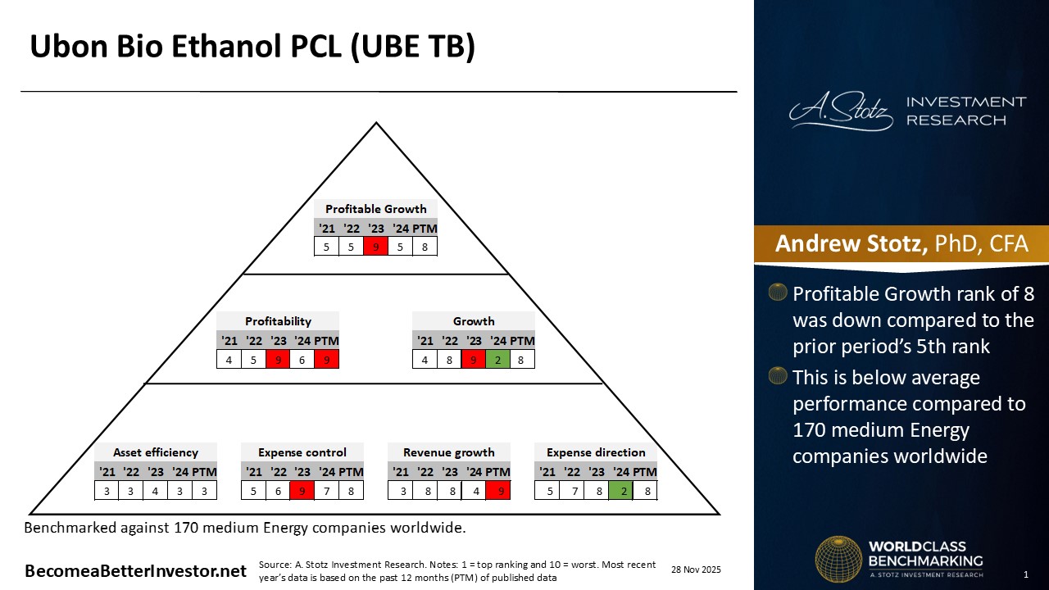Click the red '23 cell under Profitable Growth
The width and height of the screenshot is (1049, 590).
click(375, 246)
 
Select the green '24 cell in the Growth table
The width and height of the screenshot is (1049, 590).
click(497, 359)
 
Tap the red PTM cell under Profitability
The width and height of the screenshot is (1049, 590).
click(326, 359)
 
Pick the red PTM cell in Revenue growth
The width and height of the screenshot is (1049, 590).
click(497, 490)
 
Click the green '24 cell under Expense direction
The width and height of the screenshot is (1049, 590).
click(620, 490)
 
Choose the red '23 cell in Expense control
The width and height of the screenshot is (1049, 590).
click(302, 490)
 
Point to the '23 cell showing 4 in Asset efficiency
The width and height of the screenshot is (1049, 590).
click(156, 490)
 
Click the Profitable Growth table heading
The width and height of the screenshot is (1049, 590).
click(375, 209)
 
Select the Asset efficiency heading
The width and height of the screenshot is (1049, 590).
click(156, 452)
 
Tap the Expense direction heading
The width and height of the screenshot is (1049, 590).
click(596, 452)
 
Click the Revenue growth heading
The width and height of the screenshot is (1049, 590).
click(449, 452)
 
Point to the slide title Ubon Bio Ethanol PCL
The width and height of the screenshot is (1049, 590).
click(252, 48)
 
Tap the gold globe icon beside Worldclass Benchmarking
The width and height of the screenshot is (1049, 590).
click(838, 559)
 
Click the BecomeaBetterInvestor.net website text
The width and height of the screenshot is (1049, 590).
click(135, 571)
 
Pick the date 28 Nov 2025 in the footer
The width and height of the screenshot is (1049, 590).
click(696, 570)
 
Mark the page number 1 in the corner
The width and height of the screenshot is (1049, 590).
click(1025, 574)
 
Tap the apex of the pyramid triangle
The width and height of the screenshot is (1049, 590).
click(376, 124)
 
